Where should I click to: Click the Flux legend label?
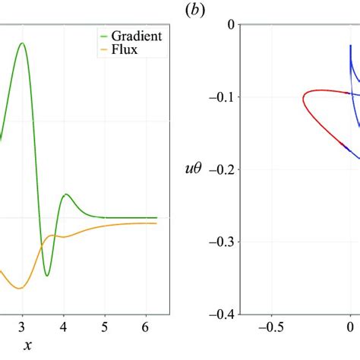[x=126, y=52]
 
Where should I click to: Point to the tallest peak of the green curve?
[x=23, y=43]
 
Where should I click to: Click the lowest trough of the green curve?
[x=47, y=276]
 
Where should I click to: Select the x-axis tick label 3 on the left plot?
[x=23, y=327]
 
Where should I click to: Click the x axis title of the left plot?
[x=27, y=346]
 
